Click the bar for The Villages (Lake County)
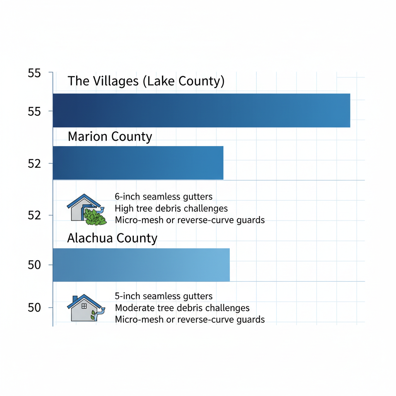point(201,110)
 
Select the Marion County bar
point(138,163)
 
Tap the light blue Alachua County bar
point(141,265)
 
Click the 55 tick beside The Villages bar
point(34,112)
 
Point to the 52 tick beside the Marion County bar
point(34,164)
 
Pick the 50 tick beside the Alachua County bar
point(34,265)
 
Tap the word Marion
point(88,137)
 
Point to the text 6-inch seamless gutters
point(164,196)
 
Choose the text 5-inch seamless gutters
point(164,297)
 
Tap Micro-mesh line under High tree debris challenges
point(189,220)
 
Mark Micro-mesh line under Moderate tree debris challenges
point(189,319)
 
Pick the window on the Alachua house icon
point(84,306)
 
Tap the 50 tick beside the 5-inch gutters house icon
point(34,308)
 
